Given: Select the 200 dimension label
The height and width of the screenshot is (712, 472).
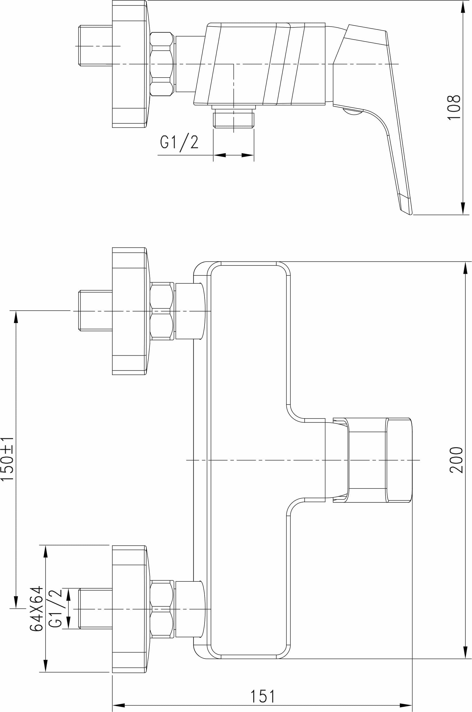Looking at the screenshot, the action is [456, 460].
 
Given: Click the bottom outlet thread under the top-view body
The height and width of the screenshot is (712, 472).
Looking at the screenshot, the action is [234, 119].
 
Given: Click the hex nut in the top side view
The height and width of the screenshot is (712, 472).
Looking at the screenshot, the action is [162, 64].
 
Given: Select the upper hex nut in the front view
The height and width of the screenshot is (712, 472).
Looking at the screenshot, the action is [162, 311].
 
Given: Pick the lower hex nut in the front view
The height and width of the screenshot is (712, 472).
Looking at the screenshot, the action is [162, 609].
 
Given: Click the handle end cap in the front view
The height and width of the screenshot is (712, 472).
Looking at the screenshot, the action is [399, 460].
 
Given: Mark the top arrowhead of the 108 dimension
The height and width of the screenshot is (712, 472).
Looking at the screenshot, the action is [463, 6].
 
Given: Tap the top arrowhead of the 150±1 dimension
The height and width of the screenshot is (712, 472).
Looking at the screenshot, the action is [16, 317].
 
